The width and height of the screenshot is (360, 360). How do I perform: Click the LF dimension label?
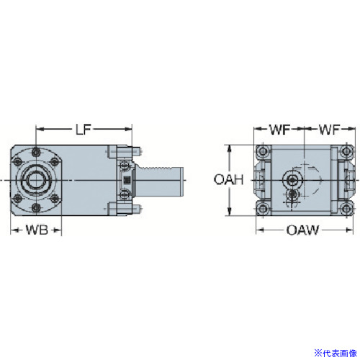(x=84, y=130)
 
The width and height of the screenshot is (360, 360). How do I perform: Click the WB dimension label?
(x=37, y=230)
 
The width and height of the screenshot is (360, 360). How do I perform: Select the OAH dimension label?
(x=229, y=180)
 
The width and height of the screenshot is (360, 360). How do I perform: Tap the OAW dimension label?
(x=302, y=230)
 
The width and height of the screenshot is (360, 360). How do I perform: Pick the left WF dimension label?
(x=280, y=130)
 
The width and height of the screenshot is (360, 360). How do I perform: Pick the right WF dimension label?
(x=330, y=130)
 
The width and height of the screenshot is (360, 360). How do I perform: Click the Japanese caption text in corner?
(x=336, y=354)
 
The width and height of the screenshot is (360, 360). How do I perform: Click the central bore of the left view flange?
(x=36, y=180)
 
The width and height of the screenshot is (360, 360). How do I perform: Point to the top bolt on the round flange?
(x=36, y=151)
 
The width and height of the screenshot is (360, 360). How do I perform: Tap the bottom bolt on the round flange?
(x=36, y=207)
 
